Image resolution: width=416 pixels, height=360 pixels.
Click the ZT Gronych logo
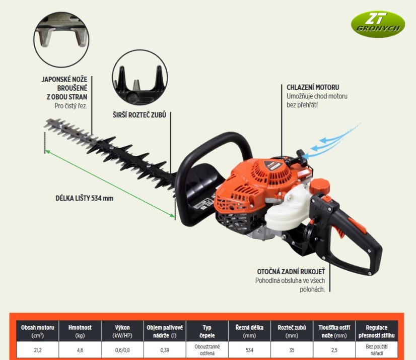click(378, 24)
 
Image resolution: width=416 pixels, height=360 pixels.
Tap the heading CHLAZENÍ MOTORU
click(313, 87)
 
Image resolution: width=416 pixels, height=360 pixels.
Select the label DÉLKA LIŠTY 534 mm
click(85, 198)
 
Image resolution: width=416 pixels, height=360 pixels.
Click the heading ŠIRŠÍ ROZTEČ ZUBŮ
click(140, 115)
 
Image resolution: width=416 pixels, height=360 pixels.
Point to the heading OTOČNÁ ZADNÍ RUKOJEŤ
click(291, 272)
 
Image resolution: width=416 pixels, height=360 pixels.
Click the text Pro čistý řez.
click(71, 106)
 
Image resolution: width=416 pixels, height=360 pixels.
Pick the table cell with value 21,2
click(38, 350)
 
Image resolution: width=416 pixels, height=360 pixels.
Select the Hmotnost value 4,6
click(80, 350)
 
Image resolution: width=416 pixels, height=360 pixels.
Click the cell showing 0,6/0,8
click(122, 350)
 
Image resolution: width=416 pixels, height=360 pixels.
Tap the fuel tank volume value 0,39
click(165, 350)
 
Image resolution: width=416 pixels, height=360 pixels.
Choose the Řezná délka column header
click(249, 331)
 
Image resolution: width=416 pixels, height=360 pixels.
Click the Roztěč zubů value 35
click(292, 350)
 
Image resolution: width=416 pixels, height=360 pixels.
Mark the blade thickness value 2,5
click(334, 350)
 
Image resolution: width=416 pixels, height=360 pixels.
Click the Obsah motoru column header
click(38, 331)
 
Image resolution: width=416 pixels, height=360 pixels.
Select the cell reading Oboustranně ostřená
click(207, 350)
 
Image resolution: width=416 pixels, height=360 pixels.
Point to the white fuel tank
click(288, 210)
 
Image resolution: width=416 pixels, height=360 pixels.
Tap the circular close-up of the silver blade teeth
click(61, 39)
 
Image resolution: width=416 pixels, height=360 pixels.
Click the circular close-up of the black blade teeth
click(140, 77)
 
